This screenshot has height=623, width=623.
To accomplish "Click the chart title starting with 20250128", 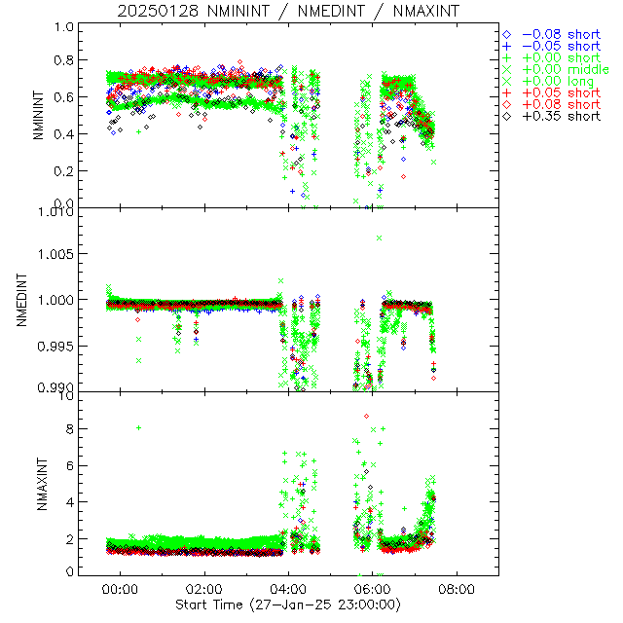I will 288,11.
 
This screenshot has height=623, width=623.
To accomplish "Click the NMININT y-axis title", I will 38,116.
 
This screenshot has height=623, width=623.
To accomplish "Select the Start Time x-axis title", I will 288,605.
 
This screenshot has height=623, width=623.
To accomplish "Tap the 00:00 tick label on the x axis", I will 122,589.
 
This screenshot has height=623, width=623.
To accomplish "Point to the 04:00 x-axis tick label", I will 289,589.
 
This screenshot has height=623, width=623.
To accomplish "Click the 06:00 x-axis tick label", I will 373,589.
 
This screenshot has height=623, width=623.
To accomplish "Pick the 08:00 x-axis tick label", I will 457,589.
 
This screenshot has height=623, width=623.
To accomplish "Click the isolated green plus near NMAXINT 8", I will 139,427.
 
